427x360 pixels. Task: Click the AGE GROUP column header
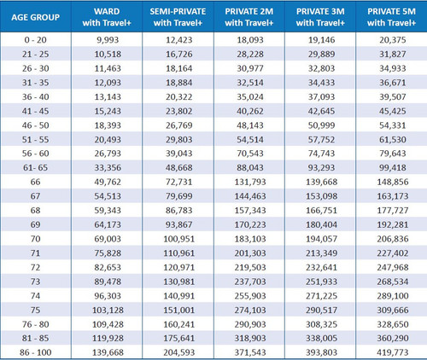tap(35, 17)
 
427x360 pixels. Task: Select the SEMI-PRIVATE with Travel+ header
tap(178, 17)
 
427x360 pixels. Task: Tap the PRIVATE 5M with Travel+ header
tap(391, 17)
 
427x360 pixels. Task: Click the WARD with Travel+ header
tap(107, 17)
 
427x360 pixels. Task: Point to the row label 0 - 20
tap(35, 40)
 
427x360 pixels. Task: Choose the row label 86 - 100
tap(35, 352)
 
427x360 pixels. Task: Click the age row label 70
tap(35, 239)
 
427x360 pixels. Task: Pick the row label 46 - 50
tap(35, 125)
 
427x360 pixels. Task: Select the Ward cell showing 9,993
tap(108, 40)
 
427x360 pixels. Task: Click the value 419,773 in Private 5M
tap(393, 352)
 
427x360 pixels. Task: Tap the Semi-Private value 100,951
tap(179, 239)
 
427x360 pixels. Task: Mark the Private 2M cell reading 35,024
tap(250, 97)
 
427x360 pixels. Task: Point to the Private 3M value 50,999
tap(321, 125)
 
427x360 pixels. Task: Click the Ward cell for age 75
tap(108, 310)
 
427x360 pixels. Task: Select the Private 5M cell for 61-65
tap(393, 168)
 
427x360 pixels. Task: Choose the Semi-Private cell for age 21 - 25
tap(179, 55)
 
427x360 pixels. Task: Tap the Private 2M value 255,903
tap(250, 296)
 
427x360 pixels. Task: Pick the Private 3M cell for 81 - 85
tap(322, 338)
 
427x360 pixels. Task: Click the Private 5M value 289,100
tap(393, 296)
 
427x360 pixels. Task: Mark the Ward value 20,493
tap(108, 140)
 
